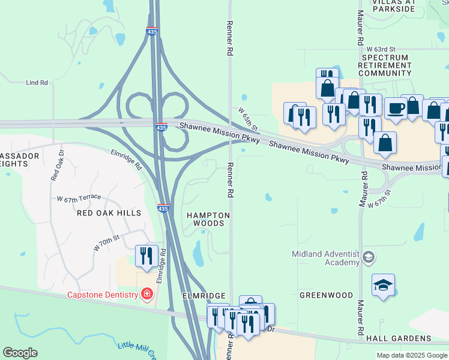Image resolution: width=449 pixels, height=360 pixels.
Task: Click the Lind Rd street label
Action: pyautogui.click(x=37, y=83)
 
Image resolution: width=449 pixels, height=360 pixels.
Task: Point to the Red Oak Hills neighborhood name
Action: pyautogui.click(x=109, y=213)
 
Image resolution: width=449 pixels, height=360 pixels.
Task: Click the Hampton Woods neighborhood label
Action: pyautogui.click(x=208, y=219)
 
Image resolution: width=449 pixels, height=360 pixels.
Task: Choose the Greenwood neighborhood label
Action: pyautogui.click(x=327, y=295)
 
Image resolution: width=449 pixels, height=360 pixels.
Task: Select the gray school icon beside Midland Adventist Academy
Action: pyautogui.click(x=368, y=258)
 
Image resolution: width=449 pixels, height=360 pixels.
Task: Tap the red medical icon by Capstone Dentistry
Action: pyautogui.click(x=145, y=294)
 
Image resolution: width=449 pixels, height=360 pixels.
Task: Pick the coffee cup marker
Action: pyautogui.click(x=396, y=108)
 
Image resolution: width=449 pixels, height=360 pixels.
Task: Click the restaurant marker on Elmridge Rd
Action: pyautogui.click(x=146, y=256)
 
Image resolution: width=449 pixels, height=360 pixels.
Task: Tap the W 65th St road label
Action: pyautogui.click(x=248, y=119)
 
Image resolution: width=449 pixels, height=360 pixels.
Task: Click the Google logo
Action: pyautogui.click(x=20, y=353)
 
